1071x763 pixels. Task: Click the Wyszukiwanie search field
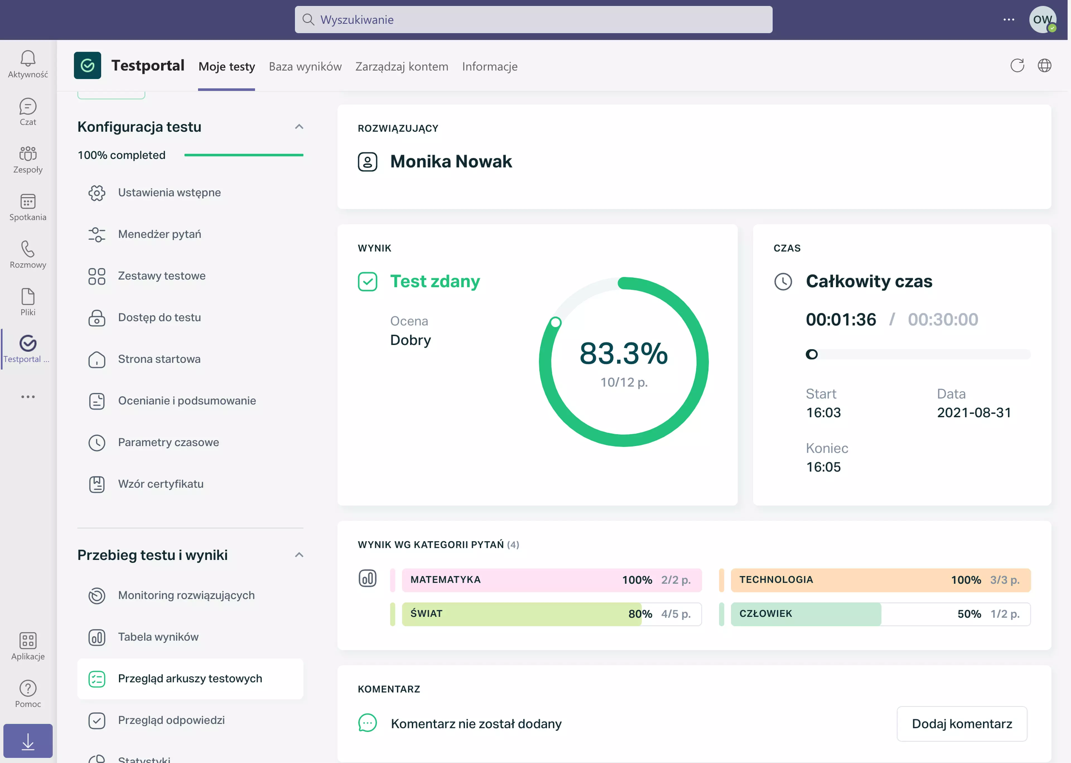tap(533, 20)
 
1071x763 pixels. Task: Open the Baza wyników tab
tap(305, 67)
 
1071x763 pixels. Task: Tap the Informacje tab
tap(490, 67)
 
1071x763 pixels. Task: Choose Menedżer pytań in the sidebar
tap(159, 234)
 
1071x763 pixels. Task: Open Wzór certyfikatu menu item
tap(161, 484)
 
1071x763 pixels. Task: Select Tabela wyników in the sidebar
tap(158, 637)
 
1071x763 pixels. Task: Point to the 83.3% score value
tap(623, 353)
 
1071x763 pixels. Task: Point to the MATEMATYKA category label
tap(445, 580)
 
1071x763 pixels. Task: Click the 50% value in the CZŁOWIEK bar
tap(969, 614)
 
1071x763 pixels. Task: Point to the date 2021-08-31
tap(974, 413)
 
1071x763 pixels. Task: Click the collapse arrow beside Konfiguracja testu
tap(299, 127)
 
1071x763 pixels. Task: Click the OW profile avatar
tap(1042, 20)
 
